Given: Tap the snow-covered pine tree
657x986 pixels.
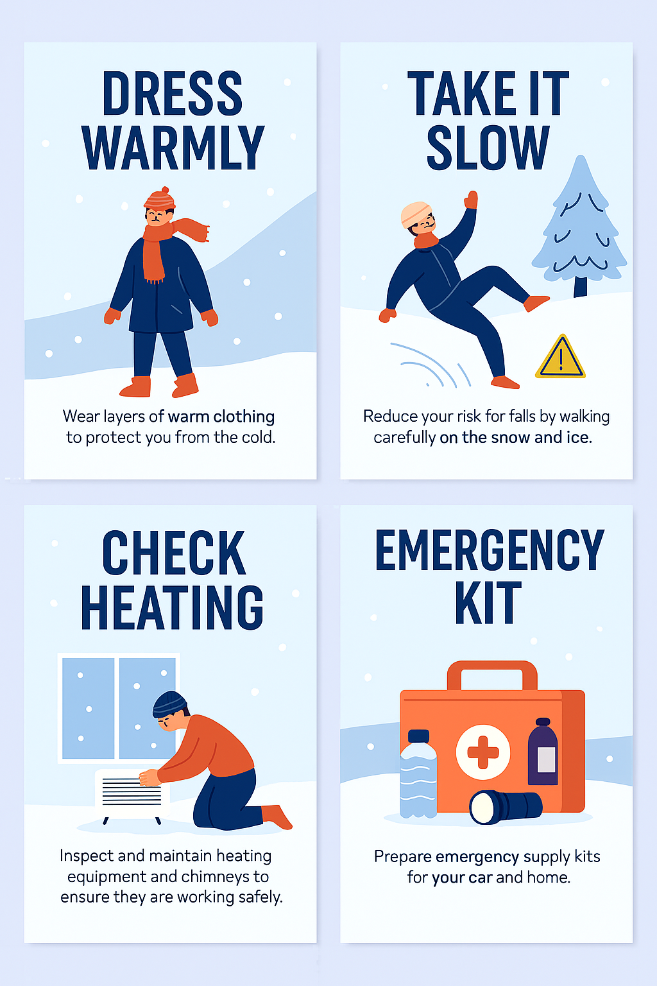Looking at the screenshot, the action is pos(580,225).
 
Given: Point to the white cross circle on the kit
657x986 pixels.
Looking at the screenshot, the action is pos(482,752).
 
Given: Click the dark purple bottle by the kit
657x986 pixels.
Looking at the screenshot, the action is pos(543,752).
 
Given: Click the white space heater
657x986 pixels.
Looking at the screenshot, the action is pos(132,796).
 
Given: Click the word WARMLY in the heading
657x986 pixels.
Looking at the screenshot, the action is pos(173,148).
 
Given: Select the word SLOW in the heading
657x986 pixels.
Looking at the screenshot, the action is pos(488,148).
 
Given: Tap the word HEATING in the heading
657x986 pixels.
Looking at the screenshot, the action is pos(172,607).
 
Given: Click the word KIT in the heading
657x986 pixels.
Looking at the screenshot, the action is pos(488,602).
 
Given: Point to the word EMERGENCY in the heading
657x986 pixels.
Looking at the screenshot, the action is pos(490,549).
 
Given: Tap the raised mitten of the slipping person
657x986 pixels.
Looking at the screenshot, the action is pos(472,200).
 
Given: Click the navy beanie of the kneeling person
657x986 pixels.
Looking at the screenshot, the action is pos(169,703).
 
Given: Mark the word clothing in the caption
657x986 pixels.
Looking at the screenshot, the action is pos(244,417).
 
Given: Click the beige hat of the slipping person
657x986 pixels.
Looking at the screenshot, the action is pos(415,214).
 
